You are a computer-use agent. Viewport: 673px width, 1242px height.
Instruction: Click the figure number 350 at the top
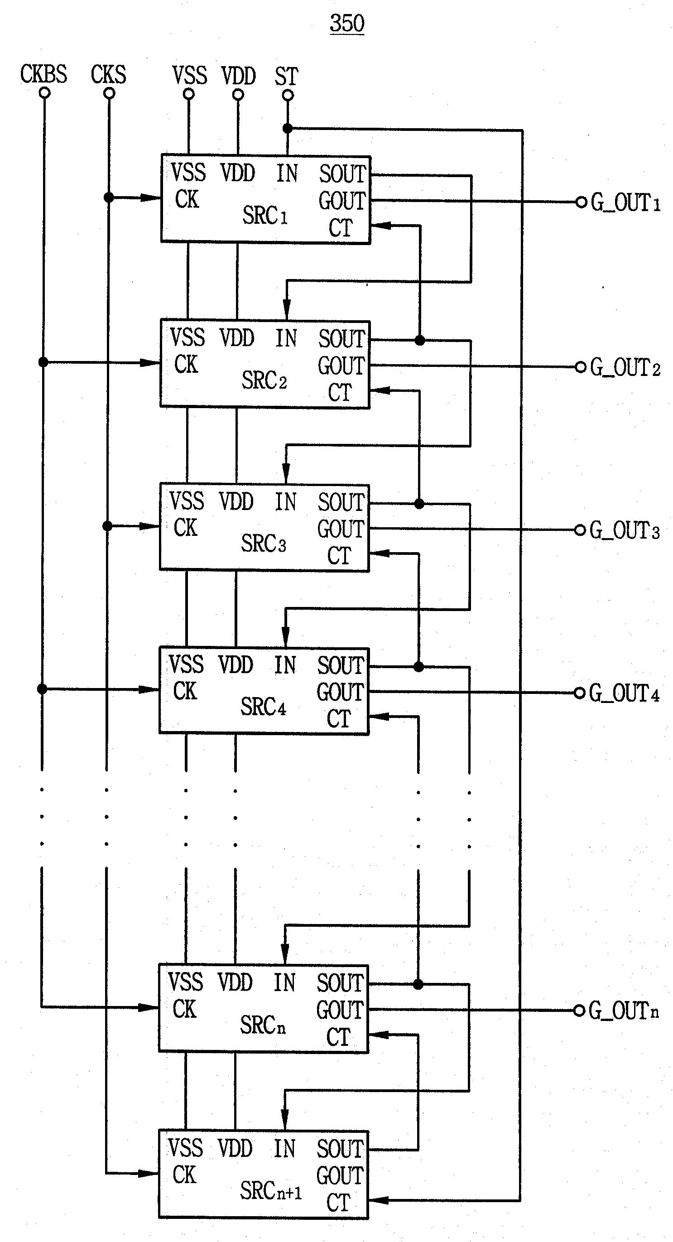346,23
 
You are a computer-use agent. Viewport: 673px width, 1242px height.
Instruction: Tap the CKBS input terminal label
43,74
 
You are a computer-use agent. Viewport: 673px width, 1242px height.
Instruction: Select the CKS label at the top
109,75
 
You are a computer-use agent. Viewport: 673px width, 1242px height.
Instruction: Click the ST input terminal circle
288,96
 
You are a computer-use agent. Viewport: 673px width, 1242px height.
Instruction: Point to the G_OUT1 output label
625,202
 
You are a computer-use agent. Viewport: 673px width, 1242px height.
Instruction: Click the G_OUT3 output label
624,530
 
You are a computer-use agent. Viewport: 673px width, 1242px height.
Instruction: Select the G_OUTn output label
623,1010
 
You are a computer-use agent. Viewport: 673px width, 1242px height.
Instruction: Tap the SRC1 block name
264,215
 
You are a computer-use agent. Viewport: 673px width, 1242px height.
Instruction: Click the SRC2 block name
264,380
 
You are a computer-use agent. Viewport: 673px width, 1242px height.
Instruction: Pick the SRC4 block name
263,707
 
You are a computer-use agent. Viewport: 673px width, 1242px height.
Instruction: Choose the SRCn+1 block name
271,1187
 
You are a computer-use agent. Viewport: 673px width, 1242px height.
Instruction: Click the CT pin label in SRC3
339,555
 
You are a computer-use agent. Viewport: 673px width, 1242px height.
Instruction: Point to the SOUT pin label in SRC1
343,174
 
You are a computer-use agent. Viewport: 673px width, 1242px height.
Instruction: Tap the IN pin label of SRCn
284,982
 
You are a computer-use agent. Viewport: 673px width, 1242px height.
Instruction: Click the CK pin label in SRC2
186,365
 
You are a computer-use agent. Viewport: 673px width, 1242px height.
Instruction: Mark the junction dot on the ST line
288,128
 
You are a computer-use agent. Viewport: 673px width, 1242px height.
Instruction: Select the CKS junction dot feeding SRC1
109,197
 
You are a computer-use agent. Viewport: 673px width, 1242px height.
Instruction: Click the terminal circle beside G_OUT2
581,367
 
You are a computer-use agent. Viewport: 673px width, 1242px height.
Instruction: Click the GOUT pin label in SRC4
340,693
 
